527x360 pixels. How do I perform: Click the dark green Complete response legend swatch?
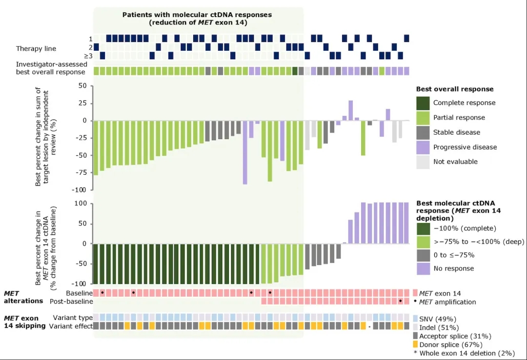(423, 103)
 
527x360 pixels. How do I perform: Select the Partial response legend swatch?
(423, 118)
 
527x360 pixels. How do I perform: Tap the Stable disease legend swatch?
(423, 132)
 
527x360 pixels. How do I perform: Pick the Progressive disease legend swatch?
(423, 147)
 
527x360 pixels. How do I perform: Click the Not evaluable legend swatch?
(423, 161)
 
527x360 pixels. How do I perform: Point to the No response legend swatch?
(423, 268)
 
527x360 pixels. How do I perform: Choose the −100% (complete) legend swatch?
(423, 228)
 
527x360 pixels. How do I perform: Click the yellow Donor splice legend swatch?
(415, 345)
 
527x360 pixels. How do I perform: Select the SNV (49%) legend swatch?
(415, 318)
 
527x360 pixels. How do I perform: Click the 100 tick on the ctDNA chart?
(80, 203)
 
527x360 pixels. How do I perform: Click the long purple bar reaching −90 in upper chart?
(245, 152)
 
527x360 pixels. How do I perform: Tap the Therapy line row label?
(36, 48)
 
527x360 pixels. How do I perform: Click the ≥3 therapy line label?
(89, 56)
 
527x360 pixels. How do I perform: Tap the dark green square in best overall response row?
(295, 71)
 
